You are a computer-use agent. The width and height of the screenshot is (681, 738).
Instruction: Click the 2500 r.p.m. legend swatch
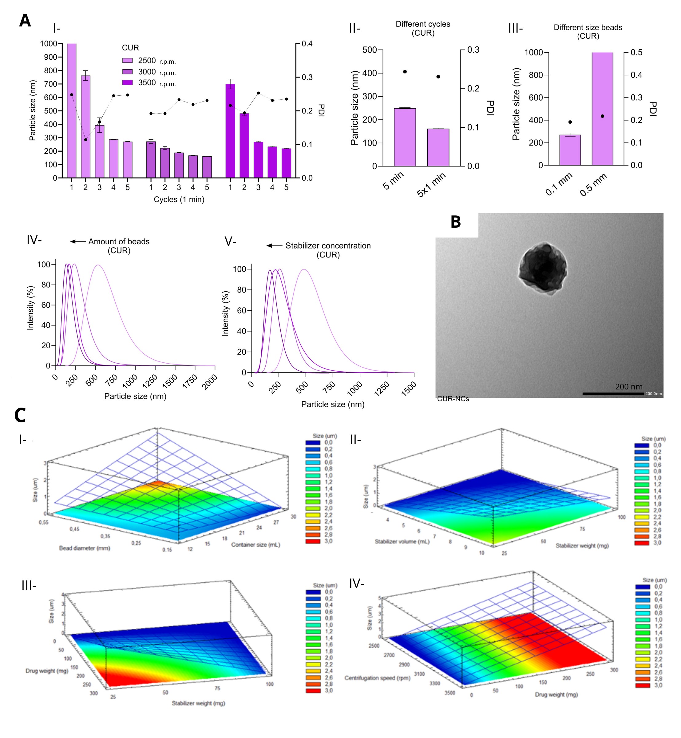128,61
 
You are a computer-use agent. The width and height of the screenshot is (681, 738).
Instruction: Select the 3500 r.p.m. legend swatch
128,82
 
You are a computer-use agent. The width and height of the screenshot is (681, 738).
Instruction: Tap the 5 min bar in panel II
405,137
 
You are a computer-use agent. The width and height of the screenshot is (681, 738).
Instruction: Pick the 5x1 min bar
438,147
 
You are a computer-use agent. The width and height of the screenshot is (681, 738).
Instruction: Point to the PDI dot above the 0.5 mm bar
603,116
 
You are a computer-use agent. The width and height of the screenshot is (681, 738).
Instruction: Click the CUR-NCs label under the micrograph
453,399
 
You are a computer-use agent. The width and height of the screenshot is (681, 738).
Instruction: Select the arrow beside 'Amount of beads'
78,241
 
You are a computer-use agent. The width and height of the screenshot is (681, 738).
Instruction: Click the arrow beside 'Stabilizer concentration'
274,245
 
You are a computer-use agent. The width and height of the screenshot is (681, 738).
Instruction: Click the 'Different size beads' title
588,28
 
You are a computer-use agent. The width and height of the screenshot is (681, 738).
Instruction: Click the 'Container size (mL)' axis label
255,545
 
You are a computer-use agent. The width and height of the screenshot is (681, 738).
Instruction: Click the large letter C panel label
20,415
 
